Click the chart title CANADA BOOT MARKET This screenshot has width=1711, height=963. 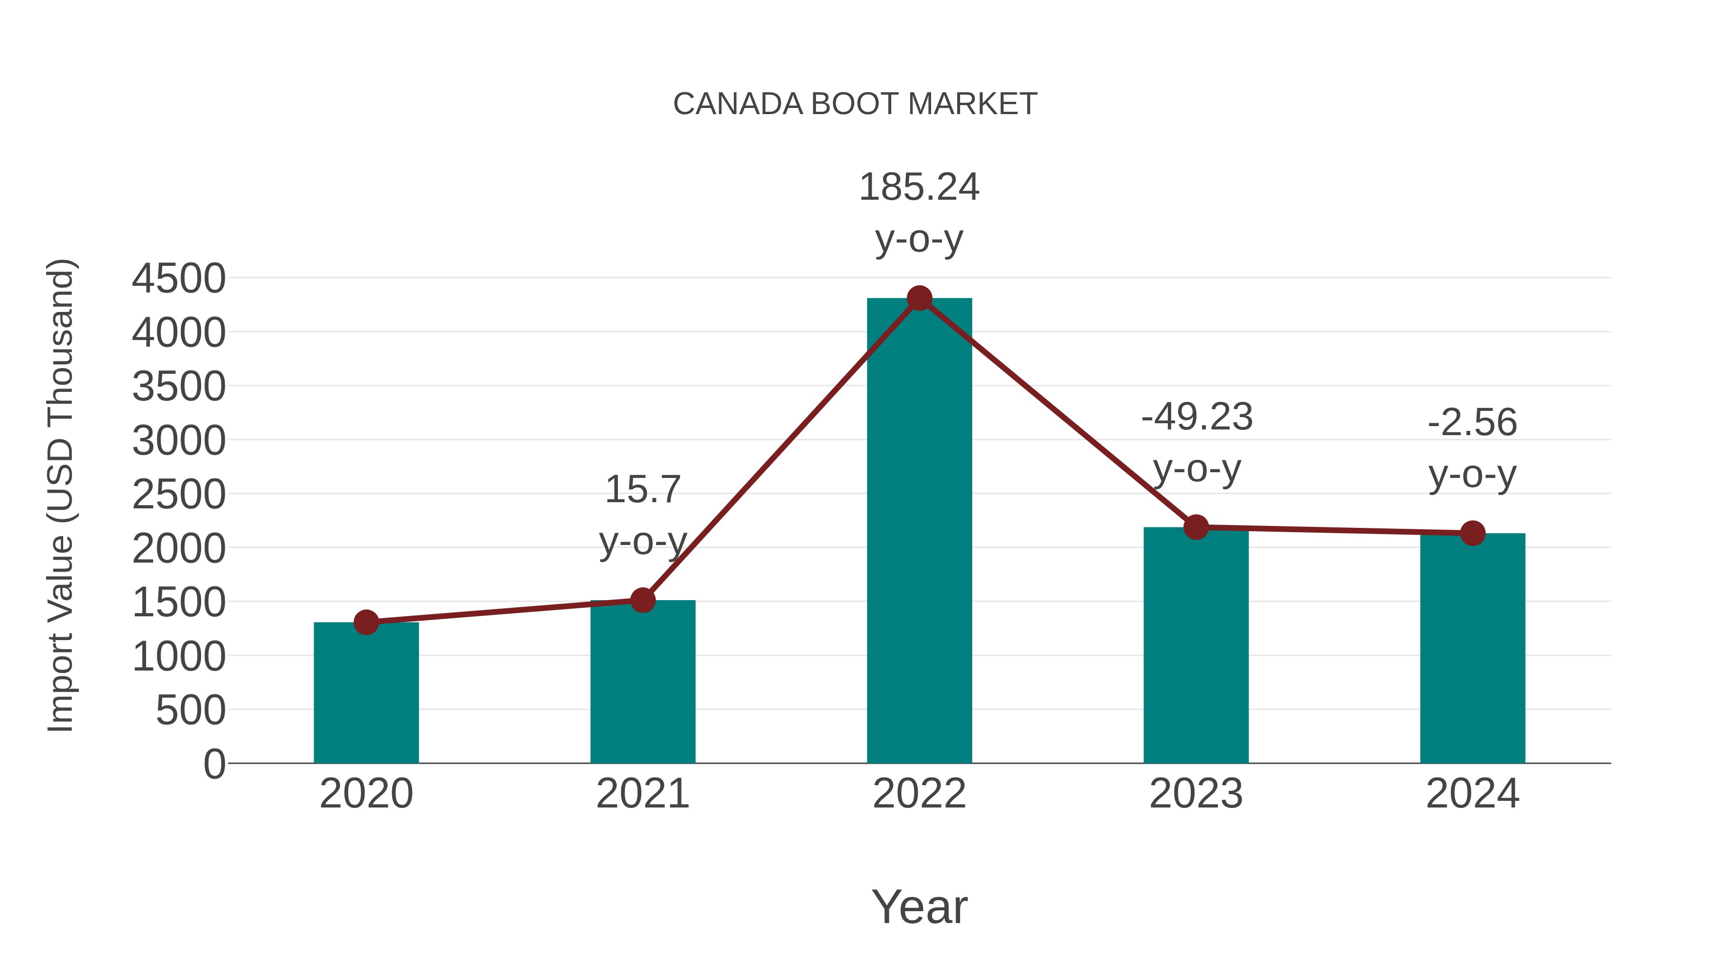(x=855, y=104)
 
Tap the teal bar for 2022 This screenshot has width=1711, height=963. (x=919, y=532)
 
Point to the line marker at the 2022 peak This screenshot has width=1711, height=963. (x=919, y=298)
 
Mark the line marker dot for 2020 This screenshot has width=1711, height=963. (x=366, y=623)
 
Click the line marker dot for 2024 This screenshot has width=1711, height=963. (x=1472, y=533)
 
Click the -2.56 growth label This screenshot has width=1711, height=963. (x=1472, y=423)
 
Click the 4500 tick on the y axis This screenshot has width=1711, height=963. (x=179, y=279)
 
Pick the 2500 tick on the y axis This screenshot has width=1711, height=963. (x=179, y=495)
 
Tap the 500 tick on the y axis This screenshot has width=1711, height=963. (x=191, y=710)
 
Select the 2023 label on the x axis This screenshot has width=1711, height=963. (x=1196, y=794)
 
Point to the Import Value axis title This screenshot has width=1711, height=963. (x=60, y=495)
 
